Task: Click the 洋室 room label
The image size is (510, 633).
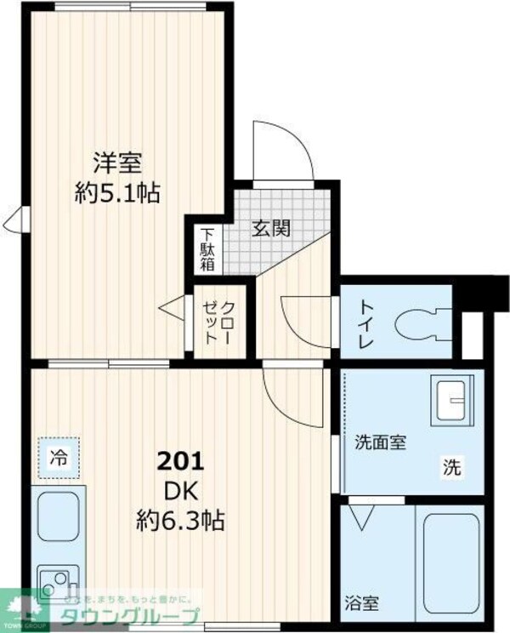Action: tap(117, 162)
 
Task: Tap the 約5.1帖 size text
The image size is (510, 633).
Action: tap(117, 192)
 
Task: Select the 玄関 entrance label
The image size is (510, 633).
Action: tap(272, 227)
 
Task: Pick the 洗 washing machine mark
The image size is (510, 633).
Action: tap(451, 466)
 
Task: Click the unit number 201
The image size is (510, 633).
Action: tap(179, 464)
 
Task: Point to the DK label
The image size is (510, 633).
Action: tap(179, 492)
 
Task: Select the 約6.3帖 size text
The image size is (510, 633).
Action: tap(181, 520)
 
